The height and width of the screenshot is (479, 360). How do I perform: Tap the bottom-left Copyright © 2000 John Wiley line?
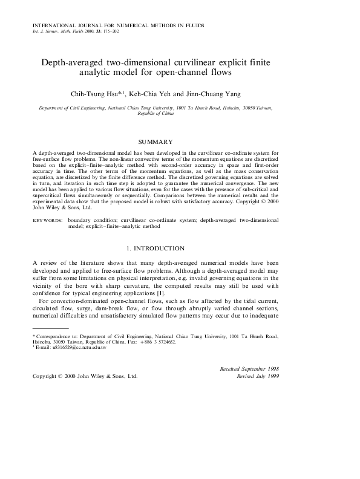pos(85,376)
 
